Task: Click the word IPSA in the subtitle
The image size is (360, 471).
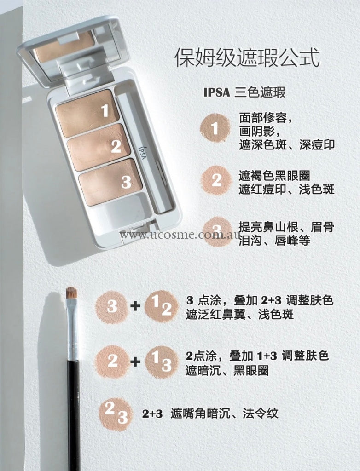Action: click(x=216, y=92)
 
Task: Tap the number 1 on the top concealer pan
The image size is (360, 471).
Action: click(x=105, y=110)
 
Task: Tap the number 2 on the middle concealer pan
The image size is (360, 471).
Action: click(x=116, y=146)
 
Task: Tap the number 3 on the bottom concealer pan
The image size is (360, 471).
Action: click(x=126, y=182)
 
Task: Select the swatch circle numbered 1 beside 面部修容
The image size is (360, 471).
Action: click(x=215, y=129)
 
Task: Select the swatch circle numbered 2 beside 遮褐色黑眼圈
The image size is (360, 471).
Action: click(x=216, y=180)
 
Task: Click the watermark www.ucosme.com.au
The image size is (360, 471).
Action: click(x=180, y=235)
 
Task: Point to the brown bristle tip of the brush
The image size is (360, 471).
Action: click(x=71, y=293)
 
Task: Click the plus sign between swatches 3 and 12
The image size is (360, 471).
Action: click(x=135, y=306)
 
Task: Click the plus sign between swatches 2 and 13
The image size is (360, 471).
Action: click(x=135, y=362)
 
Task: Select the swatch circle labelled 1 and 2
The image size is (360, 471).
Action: click(x=162, y=306)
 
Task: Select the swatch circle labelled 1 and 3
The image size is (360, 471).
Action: click(x=162, y=362)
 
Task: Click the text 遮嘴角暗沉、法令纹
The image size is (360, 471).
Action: click(x=224, y=414)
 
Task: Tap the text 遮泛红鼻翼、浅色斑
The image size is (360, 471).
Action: click(x=240, y=315)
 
